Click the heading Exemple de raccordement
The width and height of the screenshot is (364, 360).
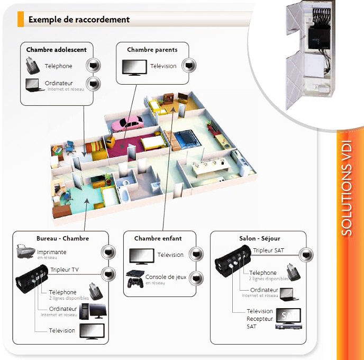79,20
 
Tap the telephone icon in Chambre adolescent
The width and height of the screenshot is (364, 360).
32,66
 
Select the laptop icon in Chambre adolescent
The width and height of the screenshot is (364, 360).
33,85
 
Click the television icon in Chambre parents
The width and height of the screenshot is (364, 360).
134,67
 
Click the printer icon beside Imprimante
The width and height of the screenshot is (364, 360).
25,252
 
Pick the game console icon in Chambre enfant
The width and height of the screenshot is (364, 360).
136,278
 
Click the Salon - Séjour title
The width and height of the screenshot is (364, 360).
258,239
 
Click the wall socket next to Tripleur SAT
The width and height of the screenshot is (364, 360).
306,254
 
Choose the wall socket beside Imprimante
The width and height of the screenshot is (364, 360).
108,252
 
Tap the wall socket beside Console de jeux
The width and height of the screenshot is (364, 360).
195,277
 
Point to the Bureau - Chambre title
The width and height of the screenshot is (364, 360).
62,239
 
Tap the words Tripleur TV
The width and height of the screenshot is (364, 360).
65,270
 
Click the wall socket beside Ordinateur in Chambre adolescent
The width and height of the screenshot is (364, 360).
94,83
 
